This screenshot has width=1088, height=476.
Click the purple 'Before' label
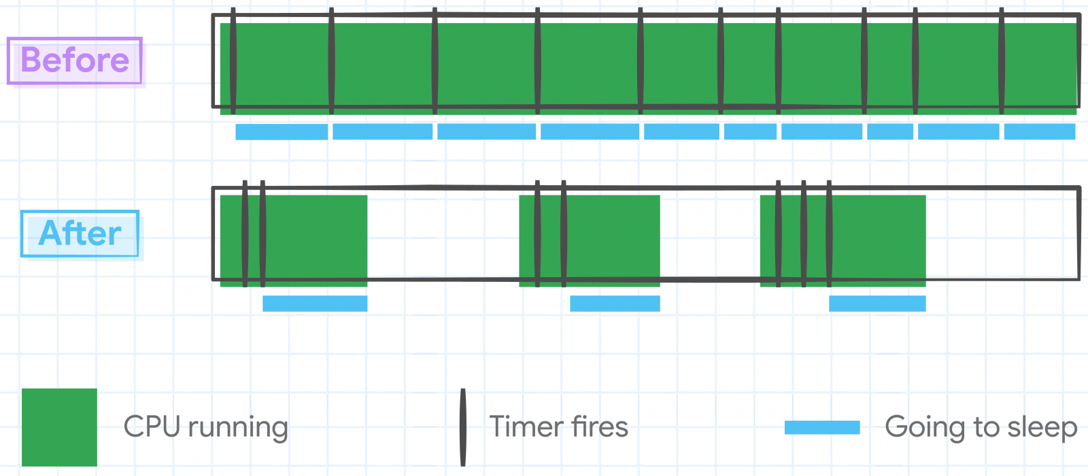pyautogui.click(x=75, y=61)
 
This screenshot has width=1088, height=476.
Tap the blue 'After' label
pyautogui.click(x=80, y=234)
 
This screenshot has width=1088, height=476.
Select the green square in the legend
pyautogui.click(x=59, y=427)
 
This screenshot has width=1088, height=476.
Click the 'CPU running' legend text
pyautogui.click(x=205, y=428)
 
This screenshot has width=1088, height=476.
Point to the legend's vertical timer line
pyautogui.click(x=463, y=427)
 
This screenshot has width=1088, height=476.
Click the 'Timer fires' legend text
pyautogui.click(x=558, y=427)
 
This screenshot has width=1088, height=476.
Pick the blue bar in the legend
pyautogui.click(x=822, y=428)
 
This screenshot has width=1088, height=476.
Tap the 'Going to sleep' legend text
pyautogui.click(x=981, y=428)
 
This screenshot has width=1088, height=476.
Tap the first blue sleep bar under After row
pyautogui.click(x=315, y=304)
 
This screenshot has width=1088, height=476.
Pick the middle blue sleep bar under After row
pyautogui.click(x=615, y=304)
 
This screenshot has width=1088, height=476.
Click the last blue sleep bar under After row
pyautogui.click(x=877, y=304)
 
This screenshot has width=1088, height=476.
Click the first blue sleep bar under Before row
pyautogui.click(x=282, y=132)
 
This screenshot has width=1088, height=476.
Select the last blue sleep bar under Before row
pyautogui.click(x=1040, y=131)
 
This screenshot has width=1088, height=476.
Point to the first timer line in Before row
pyautogui.click(x=233, y=61)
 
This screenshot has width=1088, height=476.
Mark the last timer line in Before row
pyautogui.click(x=1002, y=61)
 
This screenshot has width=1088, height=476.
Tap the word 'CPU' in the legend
pyautogui.click(x=152, y=427)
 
